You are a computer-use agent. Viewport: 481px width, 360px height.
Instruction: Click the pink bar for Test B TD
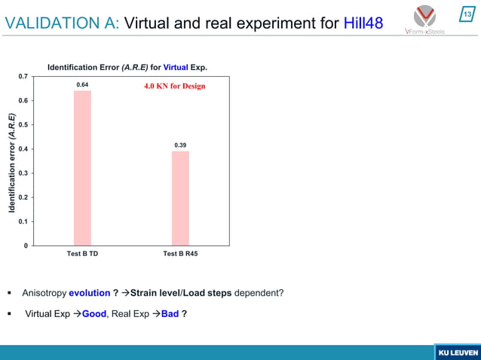(82, 168)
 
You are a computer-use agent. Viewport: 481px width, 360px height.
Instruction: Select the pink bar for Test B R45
(180, 198)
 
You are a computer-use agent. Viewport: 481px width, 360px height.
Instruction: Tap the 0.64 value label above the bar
(82, 84)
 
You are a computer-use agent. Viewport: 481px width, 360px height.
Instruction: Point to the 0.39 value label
(180, 145)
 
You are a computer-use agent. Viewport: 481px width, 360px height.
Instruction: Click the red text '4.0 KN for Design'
(174, 86)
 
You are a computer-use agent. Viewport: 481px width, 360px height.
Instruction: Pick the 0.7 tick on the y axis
(24, 77)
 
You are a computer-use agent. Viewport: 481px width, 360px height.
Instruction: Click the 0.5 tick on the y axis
(24, 125)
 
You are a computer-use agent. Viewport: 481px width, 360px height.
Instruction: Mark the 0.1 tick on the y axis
(24, 221)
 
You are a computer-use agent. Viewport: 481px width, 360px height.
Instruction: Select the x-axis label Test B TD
(82, 255)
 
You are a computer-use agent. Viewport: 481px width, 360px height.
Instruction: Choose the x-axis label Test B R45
(180, 255)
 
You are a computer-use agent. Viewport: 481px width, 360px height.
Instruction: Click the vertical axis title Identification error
(12, 161)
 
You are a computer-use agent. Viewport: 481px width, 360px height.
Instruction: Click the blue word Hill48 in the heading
(363, 23)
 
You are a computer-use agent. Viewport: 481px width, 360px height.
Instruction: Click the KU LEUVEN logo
(456, 352)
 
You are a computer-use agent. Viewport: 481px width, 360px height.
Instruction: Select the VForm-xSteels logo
(424, 20)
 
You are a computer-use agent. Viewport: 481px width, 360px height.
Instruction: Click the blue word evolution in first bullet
(89, 293)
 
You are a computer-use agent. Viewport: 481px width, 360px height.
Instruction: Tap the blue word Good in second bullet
(93, 313)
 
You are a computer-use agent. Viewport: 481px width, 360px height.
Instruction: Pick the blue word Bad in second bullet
(169, 313)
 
